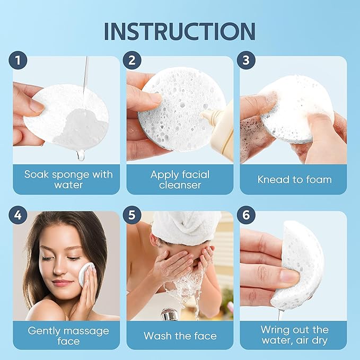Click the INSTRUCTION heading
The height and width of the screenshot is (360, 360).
[x=180, y=31]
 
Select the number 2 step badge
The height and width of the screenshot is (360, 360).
[x=132, y=60]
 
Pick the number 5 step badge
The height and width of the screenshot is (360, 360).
[x=132, y=216]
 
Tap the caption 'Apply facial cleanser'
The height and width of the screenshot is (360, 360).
[x=180, y=180]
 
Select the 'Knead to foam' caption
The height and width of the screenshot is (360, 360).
[x=294, y=180]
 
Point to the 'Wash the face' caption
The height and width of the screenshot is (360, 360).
[x=180, y=336]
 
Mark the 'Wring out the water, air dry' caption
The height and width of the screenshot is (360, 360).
[x=294, y=336]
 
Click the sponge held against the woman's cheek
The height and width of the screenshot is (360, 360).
[x=86, y=274]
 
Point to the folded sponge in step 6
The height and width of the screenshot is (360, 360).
[x=302, y=265]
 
